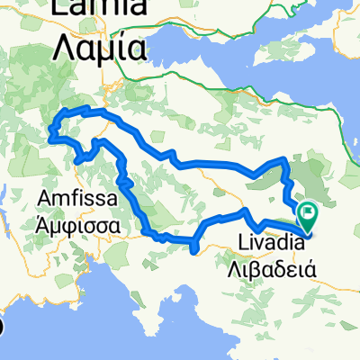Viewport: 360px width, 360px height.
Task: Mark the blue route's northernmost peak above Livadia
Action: click(285, 159)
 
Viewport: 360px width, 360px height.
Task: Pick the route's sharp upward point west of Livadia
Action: click(246, 210)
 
